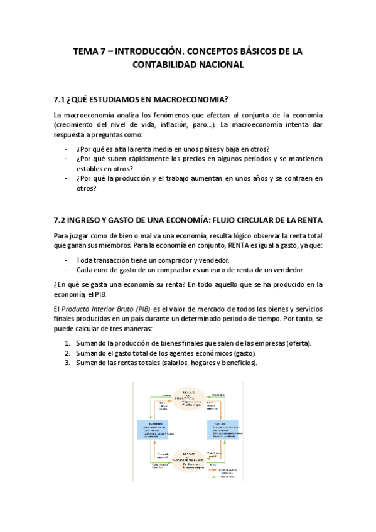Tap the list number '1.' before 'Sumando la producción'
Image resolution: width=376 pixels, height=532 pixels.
[x=67, y=343]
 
